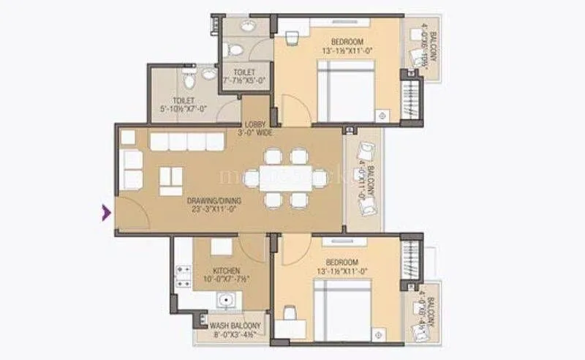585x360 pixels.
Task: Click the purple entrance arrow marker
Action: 106,213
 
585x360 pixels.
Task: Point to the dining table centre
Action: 286,178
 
